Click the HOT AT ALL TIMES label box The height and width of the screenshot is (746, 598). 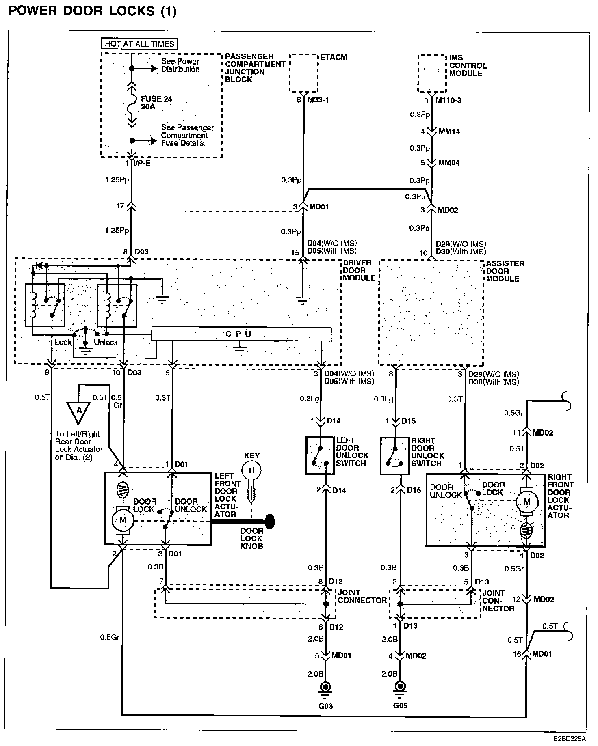pos(139,44)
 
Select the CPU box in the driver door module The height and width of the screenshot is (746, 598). pos(241,334)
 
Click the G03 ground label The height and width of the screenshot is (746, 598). pos(325,706)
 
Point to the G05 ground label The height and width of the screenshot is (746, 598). pos(400,705)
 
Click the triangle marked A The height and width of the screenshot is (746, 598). pos(79,412)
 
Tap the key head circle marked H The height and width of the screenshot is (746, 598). pos(251,471)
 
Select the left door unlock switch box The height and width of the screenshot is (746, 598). pos(320,456)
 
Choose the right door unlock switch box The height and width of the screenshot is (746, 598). pos(395,456)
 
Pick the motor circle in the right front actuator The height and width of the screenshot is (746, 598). pos(527,502)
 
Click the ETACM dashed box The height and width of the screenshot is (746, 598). pos(303,73)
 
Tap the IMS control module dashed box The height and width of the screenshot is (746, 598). pos(432,73)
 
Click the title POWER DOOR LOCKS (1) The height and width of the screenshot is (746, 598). pos(93,11)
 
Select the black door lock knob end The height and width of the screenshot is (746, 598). pos(270,522)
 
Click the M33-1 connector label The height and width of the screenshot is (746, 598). pos(319,100)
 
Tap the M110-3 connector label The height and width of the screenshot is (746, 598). pos(448,100)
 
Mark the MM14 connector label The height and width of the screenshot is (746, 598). pos(449,132)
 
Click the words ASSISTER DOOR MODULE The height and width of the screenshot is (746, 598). pos(505,271)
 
